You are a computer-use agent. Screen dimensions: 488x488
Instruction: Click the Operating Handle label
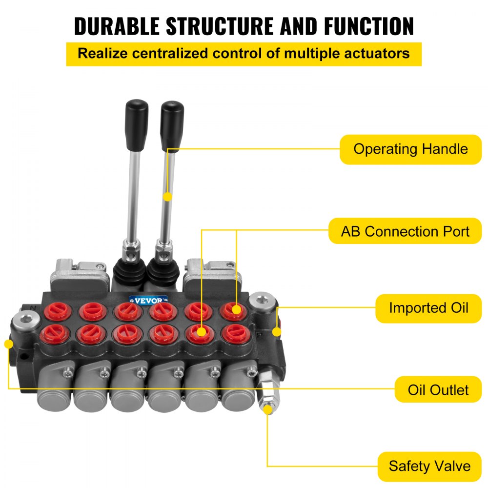410,149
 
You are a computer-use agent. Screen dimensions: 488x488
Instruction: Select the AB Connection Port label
405,231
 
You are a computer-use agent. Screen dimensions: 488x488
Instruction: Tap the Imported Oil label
428,308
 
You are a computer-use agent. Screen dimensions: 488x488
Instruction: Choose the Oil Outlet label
438,389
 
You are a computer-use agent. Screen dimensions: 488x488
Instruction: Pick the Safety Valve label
429,466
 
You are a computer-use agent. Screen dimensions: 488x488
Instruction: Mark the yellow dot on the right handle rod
167,197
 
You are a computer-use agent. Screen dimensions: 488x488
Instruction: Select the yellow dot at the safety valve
267,410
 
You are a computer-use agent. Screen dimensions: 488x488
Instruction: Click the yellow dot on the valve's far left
8,344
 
